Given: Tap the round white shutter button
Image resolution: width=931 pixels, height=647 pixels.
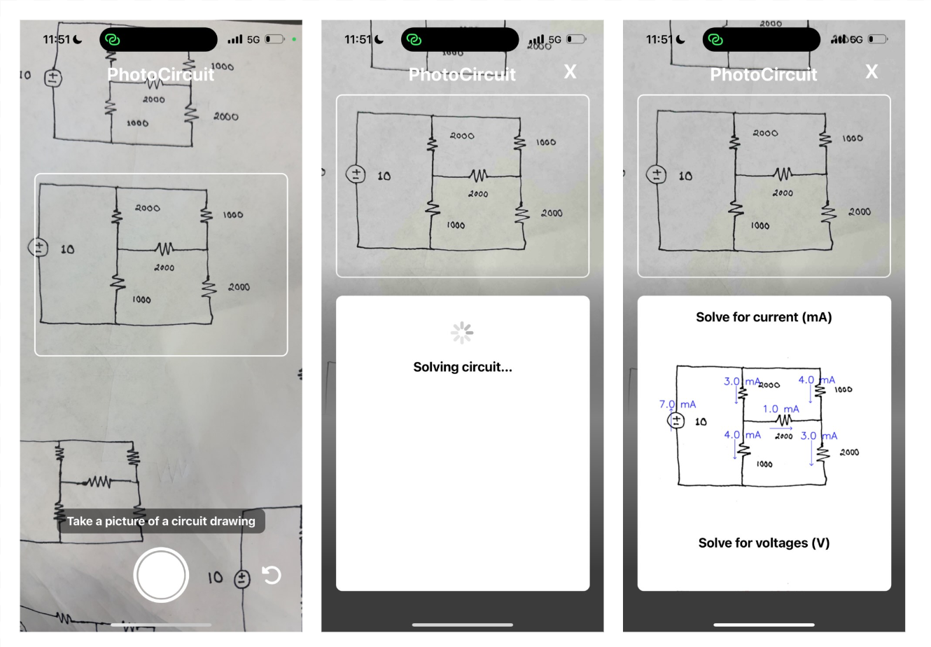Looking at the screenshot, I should click(161, 575).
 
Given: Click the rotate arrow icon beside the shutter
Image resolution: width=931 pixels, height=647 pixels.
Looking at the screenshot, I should click(271, 575).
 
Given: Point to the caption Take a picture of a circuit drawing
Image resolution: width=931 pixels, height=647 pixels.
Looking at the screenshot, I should click(161, 521).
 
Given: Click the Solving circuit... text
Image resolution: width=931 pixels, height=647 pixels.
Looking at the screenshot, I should click(463, 367).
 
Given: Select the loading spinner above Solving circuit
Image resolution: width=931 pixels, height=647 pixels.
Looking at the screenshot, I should click(462, 333).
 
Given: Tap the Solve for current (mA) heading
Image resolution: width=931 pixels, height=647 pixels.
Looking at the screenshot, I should click(764, 317).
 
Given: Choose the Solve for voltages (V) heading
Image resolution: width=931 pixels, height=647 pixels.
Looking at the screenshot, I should click(764, 543).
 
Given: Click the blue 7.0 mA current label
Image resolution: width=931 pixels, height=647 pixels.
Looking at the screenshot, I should click(678, 404).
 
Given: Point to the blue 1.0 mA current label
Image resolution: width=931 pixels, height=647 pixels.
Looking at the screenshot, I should click(780, 409).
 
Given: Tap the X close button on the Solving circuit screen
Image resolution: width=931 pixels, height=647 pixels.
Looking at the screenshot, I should click(570, 71).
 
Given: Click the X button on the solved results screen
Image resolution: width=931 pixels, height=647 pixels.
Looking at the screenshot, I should click(871, 71).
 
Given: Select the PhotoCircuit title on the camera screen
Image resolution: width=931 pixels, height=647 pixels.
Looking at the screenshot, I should click(161, 74).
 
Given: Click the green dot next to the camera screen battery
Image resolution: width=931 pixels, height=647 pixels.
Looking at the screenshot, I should click(294, 39).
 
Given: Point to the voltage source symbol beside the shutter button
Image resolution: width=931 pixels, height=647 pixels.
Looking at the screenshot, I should click(241, 578).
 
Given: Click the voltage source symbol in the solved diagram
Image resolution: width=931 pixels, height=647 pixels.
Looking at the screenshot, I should click(676, 420).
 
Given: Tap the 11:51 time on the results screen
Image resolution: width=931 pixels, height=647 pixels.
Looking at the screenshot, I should click(659, 39).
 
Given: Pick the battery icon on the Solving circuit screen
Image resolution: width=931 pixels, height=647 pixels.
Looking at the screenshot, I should click(576, 39).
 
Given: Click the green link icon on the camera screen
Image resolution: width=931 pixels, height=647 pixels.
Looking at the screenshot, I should click(112, 40).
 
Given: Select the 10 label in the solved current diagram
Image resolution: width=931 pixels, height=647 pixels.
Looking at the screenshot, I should click(700, 422).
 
